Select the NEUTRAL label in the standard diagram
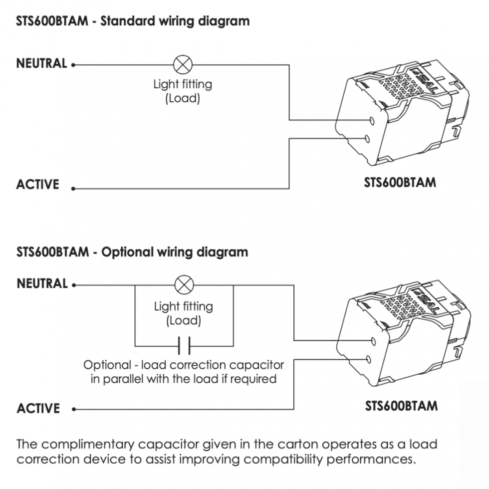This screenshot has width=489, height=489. pos(41,63)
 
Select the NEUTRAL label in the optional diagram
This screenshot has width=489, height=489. pos(42,283)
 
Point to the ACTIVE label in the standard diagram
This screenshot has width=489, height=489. pos(37,184)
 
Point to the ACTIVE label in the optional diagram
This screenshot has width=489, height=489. pos(38,408)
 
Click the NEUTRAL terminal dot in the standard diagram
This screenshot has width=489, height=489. pos(73,64)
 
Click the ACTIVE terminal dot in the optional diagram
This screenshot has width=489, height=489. pos(73,410)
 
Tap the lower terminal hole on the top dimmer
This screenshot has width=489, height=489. pos(368,138)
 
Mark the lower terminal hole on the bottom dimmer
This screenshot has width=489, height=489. pos(369,359)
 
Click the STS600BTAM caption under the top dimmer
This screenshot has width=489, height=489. pos(400,182)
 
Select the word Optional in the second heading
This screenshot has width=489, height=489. pos(125,251)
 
